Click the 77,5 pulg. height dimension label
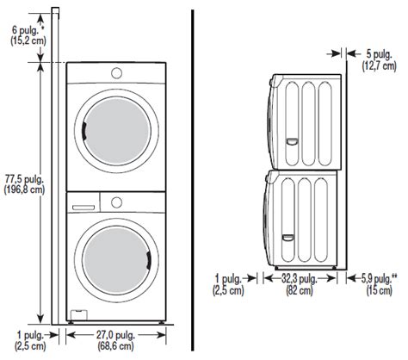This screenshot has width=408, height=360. [24, 180]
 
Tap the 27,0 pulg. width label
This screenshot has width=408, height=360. [115, 335]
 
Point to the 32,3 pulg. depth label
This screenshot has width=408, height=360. [299, 278]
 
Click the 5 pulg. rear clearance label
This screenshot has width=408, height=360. [379, 54]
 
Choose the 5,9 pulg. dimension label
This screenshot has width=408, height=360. [379, 278]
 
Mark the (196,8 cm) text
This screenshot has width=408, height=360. [24, 190]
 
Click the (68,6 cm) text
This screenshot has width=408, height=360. [115, 345]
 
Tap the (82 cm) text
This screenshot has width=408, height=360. [300, 290]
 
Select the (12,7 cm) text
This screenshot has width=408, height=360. [379, 66]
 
